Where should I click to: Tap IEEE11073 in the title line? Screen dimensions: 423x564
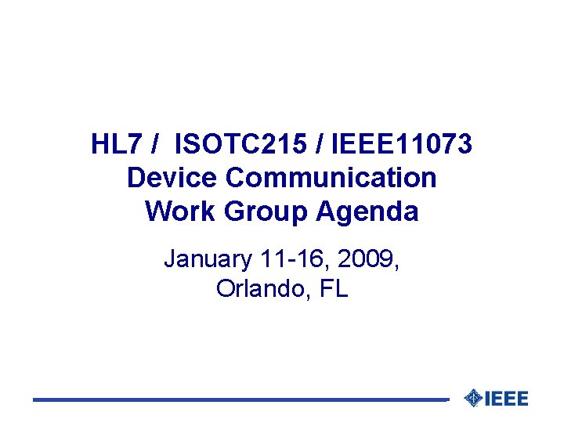pos(403,145)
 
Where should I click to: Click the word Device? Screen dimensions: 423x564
pos(172,178)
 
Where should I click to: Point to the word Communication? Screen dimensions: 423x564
pos(331,178)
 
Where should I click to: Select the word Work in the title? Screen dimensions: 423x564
pos(173,211)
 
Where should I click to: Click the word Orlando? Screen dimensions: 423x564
pos(262,289)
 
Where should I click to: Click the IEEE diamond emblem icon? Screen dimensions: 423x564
pos(473,398)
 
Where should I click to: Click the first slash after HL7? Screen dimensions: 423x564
pos(157,145)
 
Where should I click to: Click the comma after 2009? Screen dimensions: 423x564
pos(397,266)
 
